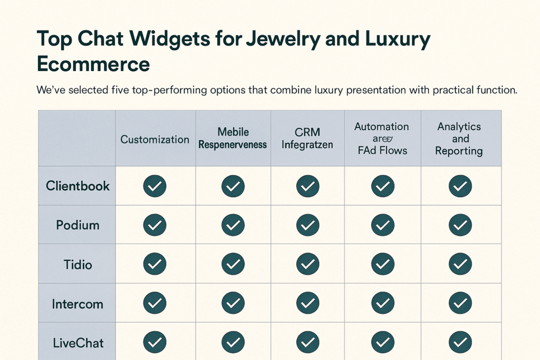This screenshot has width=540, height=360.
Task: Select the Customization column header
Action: (x=155, y=140)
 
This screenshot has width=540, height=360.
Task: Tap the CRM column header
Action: (x=307, y=138)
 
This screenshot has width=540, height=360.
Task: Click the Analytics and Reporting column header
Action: (x=460, y=139)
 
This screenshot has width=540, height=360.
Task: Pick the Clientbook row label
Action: (x=78, y=186)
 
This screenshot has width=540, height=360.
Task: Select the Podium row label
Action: (x=78, y=225)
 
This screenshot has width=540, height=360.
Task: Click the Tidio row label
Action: (x=78, y=265)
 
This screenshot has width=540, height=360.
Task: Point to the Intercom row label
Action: (x=78, y=304)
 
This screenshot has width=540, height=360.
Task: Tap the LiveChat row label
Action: (x=78, y=343)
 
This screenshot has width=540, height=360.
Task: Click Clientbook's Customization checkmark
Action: (x=155, y=186)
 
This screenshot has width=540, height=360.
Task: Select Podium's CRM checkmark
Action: (x=307, y=225)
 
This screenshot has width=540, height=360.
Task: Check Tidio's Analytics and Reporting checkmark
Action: (x=460, y=265)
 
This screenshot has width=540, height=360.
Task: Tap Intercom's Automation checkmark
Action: (x=383, y=304)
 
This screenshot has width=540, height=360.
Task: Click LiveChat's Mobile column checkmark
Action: (x=232, y=343)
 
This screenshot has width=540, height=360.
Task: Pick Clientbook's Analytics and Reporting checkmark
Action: (x=460, y=186)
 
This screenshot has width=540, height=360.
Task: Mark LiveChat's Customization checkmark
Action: (x=155, y=343)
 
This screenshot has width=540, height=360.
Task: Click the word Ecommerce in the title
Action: (x=93, y=64)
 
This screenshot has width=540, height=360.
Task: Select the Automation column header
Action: (x=382, y=139)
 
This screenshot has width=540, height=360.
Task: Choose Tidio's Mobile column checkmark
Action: (x=232, y=265)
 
